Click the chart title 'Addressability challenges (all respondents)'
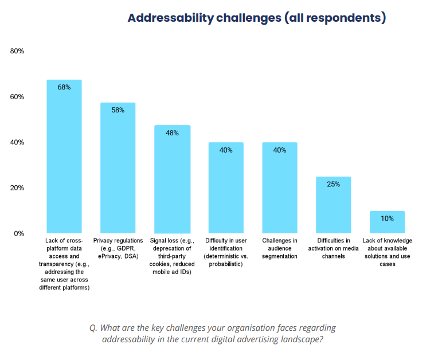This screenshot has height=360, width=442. click(256, 18)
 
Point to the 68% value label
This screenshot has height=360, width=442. click(64, 87)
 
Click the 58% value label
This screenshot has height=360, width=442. click(118, 110)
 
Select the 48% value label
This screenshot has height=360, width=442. click(172, 133)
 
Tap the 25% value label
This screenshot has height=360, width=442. click(334, 184)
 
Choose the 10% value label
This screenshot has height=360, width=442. click(387, 218)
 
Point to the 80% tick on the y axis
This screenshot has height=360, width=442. click(17, 52)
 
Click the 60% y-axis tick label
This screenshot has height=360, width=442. click(17, 97)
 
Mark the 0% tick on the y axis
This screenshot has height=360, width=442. click(19, 233)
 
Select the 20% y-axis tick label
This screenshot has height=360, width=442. click(17, 188)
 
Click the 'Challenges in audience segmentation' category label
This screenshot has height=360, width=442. click(280, 248)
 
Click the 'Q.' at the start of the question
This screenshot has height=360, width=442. click(93, 328)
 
